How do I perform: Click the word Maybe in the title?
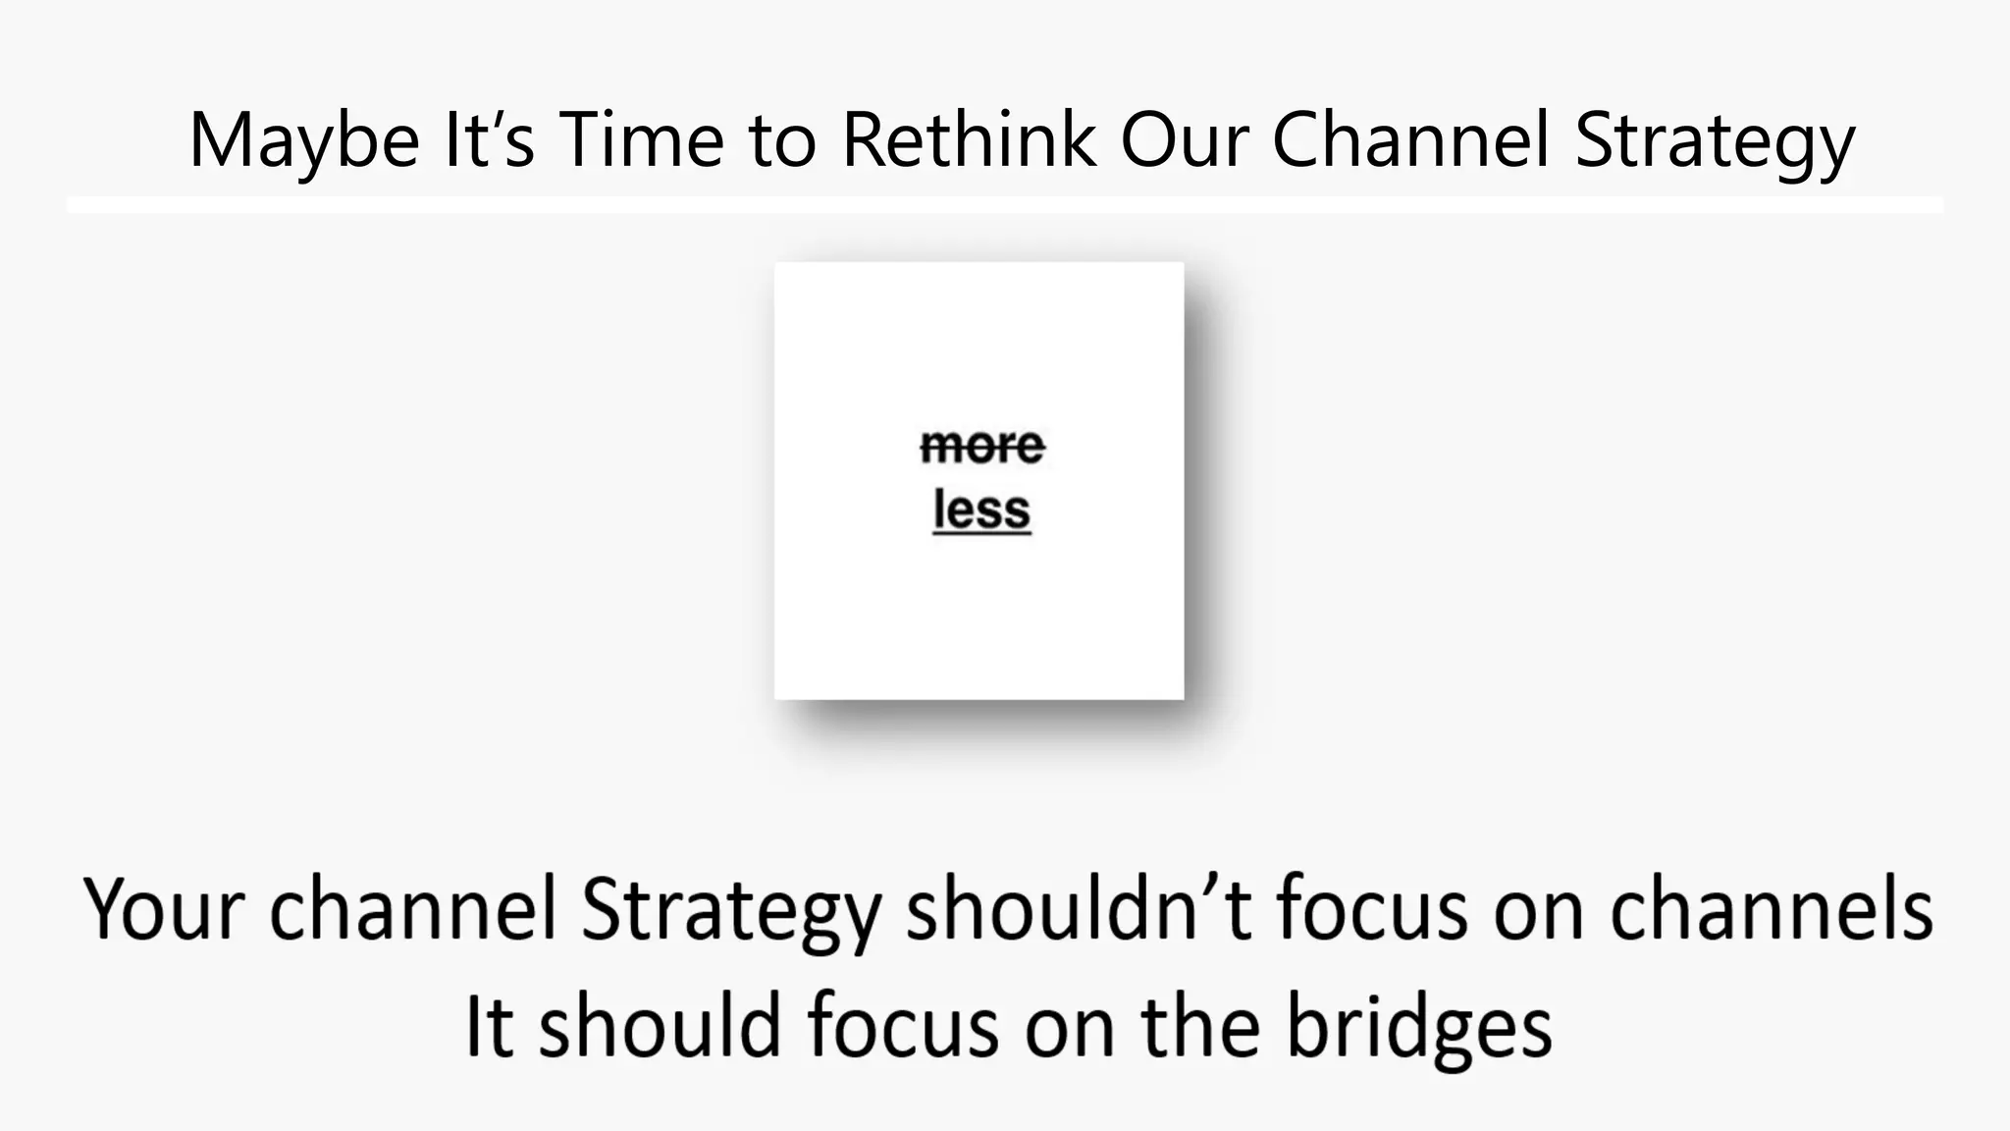[304, 140]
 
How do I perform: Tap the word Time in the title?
[641, 140]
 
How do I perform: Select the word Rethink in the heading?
[968, 140]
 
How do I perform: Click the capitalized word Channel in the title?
[1411, 140]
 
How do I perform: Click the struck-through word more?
[981, 447]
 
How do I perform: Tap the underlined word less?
[981, 511]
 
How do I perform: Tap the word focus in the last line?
[903, 1027]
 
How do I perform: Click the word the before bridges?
[1199, 1027]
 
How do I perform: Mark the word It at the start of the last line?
[488, 1027]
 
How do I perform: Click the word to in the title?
[782, 140]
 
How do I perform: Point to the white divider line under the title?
[1005, 204]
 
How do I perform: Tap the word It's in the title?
[489, 140]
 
